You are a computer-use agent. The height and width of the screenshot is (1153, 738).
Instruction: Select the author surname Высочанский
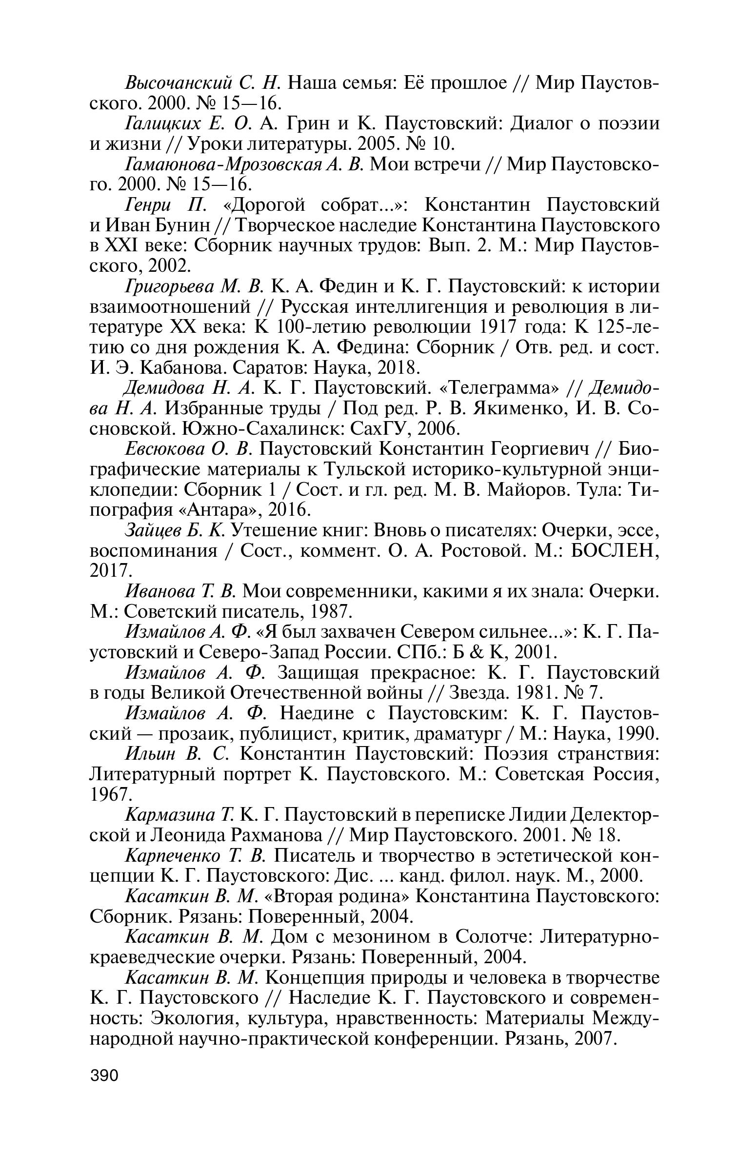178,83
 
